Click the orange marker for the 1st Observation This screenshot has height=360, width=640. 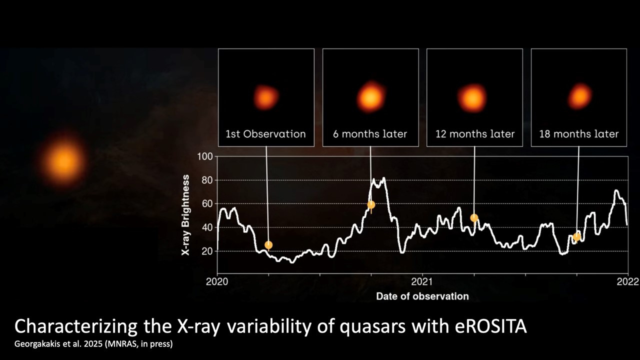coord(268,245)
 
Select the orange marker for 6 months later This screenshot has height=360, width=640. coord(371,204)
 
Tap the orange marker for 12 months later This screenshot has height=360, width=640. coord(474,218)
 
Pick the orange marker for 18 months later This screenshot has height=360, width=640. coord(577,237)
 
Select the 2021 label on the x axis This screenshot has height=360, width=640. coord(422,281)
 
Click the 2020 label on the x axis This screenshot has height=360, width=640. coord(217,281)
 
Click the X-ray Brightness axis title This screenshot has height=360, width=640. coord(186,216)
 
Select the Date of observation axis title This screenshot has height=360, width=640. coord(422,296)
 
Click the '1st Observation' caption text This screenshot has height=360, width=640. coord(265,134)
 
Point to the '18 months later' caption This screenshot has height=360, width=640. coord(578,134)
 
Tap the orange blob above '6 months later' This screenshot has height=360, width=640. coord(370,97)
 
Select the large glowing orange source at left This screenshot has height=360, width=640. coord(64,161)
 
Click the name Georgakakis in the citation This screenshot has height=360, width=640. coord(36,344)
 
